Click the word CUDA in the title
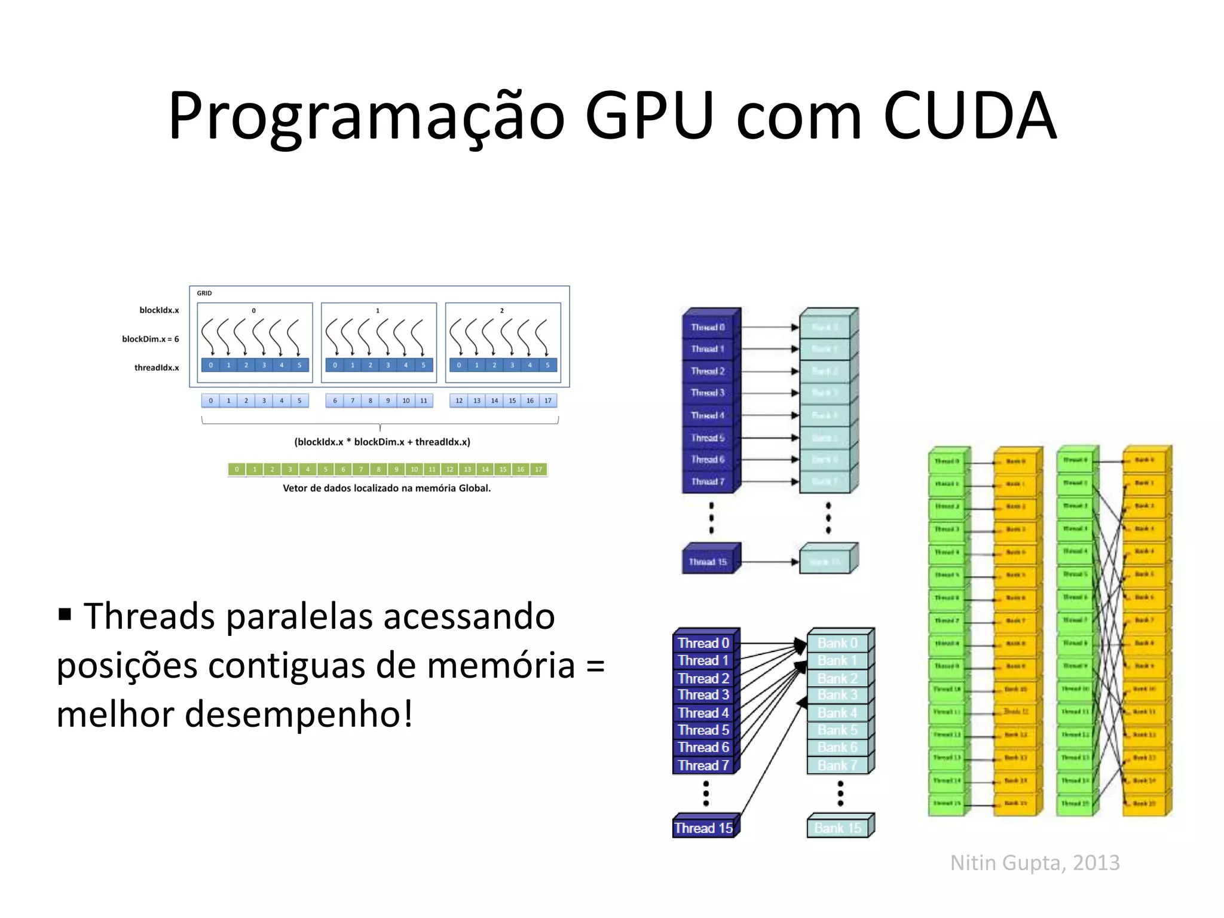point(969,115)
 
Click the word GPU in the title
point(650,115)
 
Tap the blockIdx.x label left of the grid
point(159,310)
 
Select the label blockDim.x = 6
point(151,339)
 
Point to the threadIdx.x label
point(157,368)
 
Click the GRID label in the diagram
point(204,293)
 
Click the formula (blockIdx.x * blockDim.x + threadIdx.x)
point(382,442)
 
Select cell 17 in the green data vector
point(538,470)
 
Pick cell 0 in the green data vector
point(237,470)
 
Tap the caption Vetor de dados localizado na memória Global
point(387,488)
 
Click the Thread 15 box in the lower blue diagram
point(703,828)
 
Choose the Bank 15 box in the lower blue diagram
point(838,828)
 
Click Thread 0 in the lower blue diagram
point(703,643)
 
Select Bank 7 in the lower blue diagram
point(837,766)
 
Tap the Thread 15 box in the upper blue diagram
point(708,562)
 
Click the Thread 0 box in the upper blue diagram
point(708,328)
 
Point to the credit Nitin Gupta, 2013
point(1035,863)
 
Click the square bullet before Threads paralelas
point(65,614)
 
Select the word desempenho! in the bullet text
point(299,714)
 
